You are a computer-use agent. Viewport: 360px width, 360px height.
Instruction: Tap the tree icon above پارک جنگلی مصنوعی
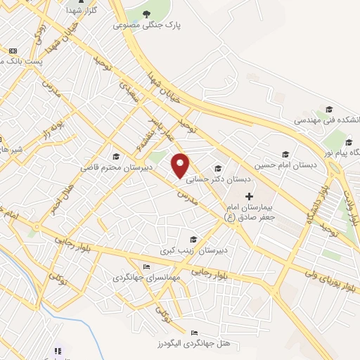pos(147,14)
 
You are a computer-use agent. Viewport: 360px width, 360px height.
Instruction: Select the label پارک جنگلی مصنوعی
pos(149,25)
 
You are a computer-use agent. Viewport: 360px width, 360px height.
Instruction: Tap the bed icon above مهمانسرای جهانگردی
pos(146,266)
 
